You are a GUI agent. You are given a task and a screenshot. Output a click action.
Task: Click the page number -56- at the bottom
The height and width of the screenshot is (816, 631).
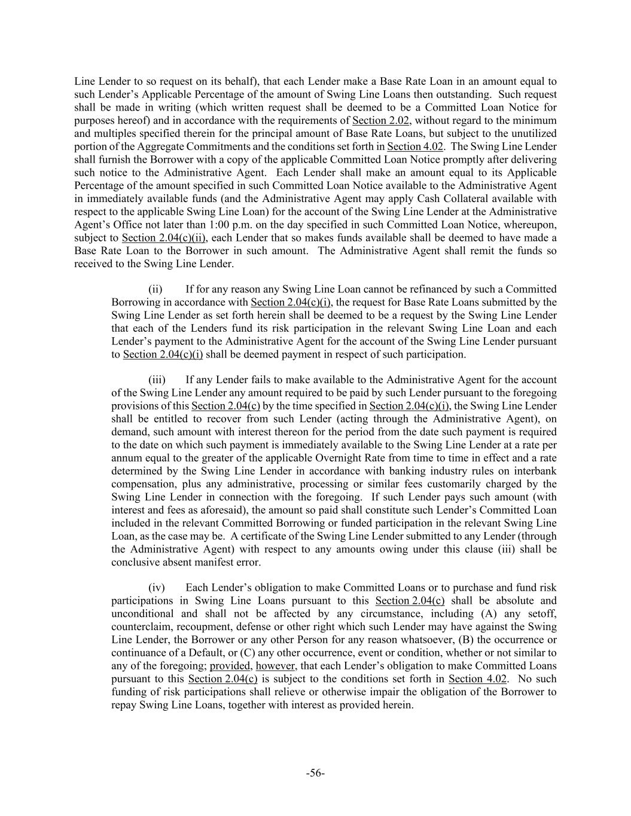click(x=315, y=773)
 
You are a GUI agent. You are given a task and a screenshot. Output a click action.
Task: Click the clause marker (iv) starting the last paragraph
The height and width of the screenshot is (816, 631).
click(x=156, y=588)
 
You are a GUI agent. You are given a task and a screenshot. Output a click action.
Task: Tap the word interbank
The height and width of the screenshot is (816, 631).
click(x=534, y=471)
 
